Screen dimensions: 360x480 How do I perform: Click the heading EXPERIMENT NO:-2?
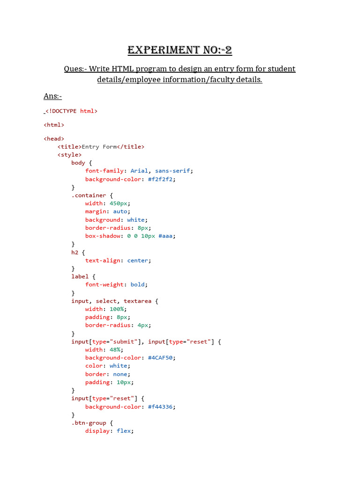(x=180, y=50)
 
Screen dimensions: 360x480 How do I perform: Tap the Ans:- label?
(x=52, y=96)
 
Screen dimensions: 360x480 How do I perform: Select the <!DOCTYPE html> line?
(x=71, y=111)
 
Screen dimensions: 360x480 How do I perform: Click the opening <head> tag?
(x=54, y=139)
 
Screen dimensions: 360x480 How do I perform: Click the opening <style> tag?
(x=69, y=155)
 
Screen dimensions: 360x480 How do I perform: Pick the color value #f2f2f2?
(x=160, y=180)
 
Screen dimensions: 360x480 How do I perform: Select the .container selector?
(x=89, y=195)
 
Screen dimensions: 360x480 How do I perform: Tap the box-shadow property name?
(x=103, y=236)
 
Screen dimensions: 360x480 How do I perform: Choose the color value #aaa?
(x=165, y=236)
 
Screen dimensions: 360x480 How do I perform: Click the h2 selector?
(x=75, y=252)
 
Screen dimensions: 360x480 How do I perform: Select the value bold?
(x=137, y=285)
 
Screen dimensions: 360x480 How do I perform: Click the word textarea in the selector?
(x=137, y=301)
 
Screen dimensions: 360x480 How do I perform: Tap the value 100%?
(x=117, y=309)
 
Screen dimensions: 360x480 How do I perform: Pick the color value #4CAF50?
(x=160, y=358)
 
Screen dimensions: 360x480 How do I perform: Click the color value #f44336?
(x=160, y=407)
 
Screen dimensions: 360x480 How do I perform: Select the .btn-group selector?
(x=89, y=423)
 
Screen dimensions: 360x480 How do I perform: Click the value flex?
(x=124, y=431)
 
